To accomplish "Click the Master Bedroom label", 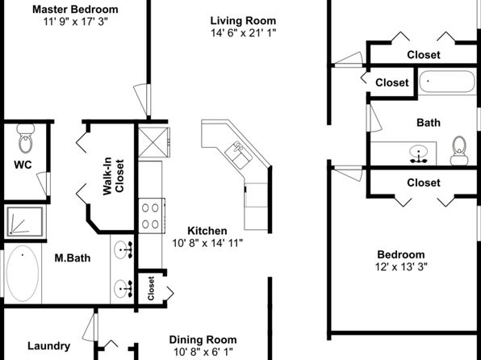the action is coord(75,9).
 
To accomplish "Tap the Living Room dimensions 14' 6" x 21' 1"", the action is coord(243,33).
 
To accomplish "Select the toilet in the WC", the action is coord(26,138).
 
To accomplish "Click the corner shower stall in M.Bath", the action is coord(25,222).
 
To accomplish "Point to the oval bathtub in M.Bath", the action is coord(23,273).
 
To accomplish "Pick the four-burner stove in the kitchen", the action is coord(151,216).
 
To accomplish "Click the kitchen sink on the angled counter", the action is coord(238,155).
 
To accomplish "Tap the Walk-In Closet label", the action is coord(113,177).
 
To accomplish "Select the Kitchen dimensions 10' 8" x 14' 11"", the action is coord(207,243).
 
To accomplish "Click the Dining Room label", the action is coord(203,340).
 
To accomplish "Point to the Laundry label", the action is coord(48,346).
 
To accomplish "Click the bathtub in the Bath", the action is coord(448,82).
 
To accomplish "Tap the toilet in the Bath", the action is coord(459,150).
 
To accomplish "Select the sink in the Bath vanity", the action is coord(418,153).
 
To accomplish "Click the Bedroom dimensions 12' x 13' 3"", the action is coord(401,267).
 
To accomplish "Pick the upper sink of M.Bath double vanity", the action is coord(123,249).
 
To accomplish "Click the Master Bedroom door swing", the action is coord(142,99).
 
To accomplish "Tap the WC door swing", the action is coord(44,183).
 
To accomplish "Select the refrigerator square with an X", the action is coord(153,142).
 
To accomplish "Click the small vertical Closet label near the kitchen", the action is coord(151,288).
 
